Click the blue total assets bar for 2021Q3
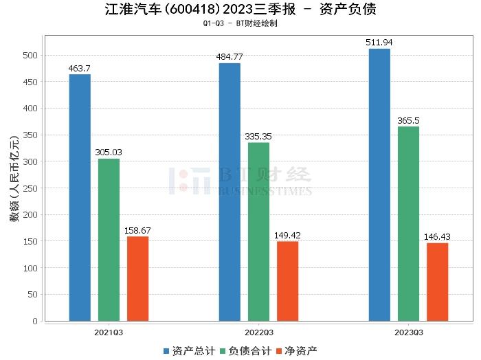pos(80,197)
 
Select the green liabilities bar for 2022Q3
pos(258,232)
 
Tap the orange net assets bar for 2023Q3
pos(437,282)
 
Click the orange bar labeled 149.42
pos(287,281)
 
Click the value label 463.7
pos(80,69)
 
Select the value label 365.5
pos(408,121)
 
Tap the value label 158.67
pos(137,231)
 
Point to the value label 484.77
pos(230,58)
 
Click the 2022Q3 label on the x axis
pos(258,333)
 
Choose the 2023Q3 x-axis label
pos(408,333)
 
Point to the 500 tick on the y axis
pos(32,56)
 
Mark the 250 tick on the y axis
pos(32,188)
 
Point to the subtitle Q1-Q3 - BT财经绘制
pos(240,23)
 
